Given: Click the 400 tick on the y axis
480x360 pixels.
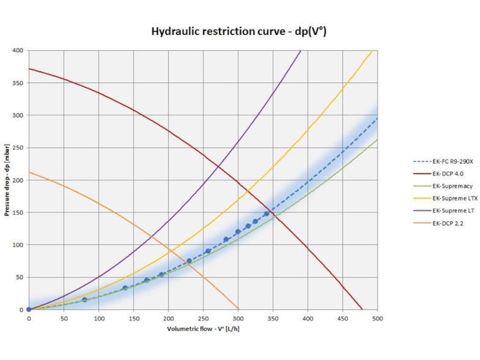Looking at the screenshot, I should click(x=19, y=50).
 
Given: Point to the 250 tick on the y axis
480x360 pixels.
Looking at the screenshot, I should click(x=19, y=148).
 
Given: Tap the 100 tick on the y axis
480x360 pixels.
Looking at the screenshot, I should click(x=19, y=245).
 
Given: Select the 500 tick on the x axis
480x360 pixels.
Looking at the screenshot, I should click(x=378, y=318).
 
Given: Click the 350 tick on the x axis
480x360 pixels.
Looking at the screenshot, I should click(x=273, y=318).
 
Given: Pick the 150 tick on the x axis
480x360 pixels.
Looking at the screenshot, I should click(x=133, y=318).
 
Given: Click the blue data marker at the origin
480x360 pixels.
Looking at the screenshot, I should click(x=29, y=310).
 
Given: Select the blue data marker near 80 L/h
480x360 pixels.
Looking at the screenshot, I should click(x=85, y=299).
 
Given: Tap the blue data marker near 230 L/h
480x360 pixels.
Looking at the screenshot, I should click(x=189, y=261).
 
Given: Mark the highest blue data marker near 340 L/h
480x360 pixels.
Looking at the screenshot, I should click(x=266, y=214).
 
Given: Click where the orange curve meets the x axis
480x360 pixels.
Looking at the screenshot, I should click(x=239, y=310).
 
